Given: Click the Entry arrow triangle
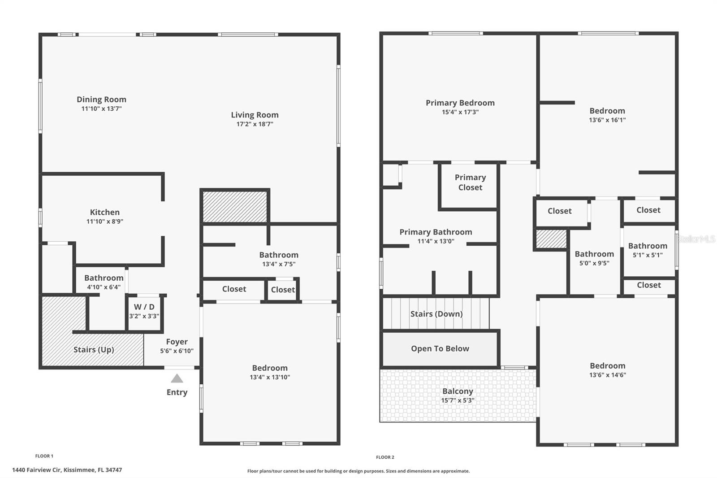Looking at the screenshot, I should [177, 378].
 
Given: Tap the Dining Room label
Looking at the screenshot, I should [101, 100].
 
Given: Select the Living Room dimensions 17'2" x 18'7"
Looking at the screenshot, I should [255, 124].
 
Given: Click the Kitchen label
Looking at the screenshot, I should [104, 212].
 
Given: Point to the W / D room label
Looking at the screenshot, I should [144, 307].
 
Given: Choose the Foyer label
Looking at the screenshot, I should [177, 342].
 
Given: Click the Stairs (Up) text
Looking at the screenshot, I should [94, 349].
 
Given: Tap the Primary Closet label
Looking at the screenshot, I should [470, 183].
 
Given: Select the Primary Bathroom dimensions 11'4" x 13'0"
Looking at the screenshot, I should [436, 241].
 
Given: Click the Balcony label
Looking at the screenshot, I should [458, 391].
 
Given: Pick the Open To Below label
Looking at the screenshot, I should [440, 348].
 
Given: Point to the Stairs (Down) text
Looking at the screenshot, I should [436, 314].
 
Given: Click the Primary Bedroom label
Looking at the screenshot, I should [460, 103].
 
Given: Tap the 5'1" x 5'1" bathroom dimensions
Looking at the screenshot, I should [648, 255].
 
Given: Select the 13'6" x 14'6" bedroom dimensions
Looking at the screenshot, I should [607, 375].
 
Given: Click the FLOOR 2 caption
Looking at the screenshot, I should [385, 457].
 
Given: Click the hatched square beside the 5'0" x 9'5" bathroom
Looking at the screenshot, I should [551, 239].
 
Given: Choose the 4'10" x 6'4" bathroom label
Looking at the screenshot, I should [104, 278].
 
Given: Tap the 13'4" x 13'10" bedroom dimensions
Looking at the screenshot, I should [270, 377].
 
